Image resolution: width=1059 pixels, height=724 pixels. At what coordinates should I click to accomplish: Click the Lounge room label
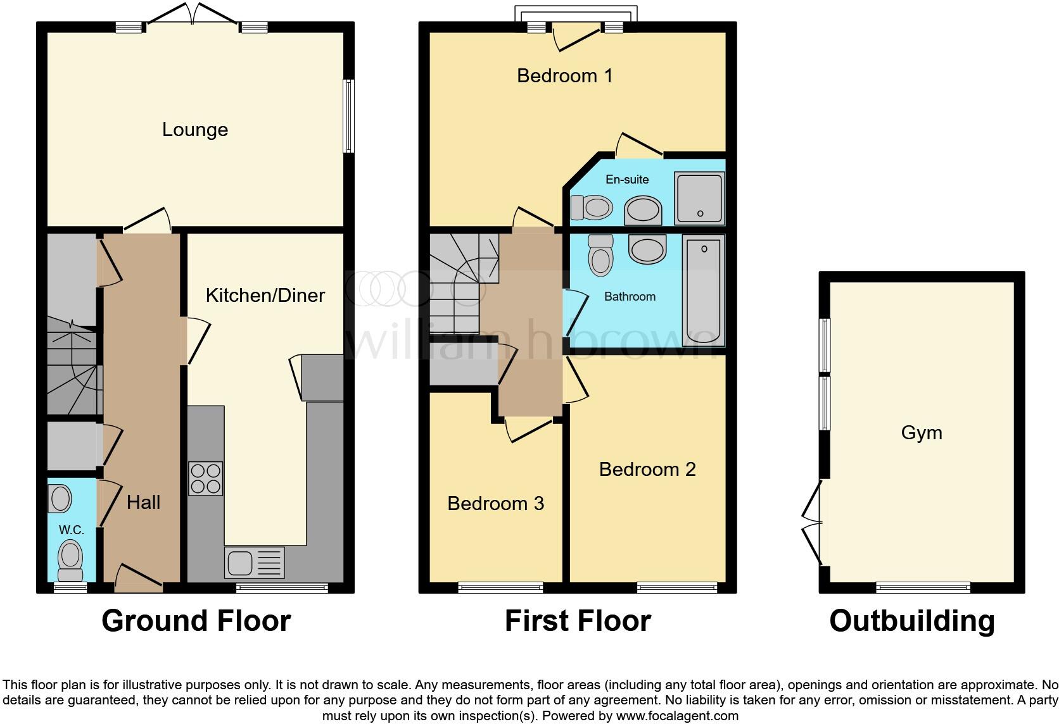(195, 130)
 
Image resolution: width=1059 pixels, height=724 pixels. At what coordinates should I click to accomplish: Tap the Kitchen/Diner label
(265, 296)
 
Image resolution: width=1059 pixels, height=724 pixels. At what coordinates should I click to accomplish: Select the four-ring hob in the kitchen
(206, 478)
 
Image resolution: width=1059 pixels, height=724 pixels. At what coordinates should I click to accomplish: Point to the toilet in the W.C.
(70, 560)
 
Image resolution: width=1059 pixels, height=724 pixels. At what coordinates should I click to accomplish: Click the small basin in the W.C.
(60, 499)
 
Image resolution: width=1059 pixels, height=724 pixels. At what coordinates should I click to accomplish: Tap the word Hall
(143, 502)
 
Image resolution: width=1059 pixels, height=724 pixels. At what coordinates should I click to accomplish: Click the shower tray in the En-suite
(699, 197)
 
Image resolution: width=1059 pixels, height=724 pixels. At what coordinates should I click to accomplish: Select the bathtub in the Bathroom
(704, 290)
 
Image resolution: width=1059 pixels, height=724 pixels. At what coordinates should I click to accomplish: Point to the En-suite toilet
(592, 206)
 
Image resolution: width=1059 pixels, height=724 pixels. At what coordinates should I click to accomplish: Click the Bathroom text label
(630, 297)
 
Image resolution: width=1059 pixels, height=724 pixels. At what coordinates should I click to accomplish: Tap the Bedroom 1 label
(564, 76)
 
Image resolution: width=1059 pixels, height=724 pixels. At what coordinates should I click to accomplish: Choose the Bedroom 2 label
(647, 470)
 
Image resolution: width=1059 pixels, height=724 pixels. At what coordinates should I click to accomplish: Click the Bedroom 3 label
(495, 504)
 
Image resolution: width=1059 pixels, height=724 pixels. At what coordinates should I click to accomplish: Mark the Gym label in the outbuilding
(922, 433)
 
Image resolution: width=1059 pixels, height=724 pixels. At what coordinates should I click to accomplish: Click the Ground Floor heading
(196, 621)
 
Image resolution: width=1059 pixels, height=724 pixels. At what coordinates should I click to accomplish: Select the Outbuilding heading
(911, 621)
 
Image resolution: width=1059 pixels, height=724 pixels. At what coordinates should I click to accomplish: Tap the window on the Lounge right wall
(348, 116)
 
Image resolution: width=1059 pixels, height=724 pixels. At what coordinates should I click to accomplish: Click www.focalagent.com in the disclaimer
(677, 716)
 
